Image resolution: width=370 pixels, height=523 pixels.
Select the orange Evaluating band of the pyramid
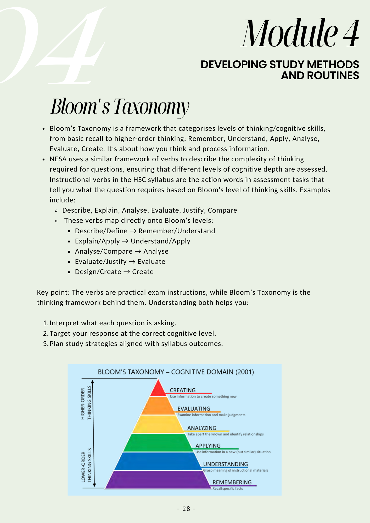coord(158,406)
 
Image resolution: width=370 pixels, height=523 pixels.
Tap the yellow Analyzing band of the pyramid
coord(158,424)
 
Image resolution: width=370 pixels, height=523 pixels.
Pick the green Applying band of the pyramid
coord(158,443)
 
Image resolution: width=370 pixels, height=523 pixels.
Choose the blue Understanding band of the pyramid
coord(158,461)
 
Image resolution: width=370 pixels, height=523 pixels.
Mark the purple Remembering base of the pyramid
coord(158,480)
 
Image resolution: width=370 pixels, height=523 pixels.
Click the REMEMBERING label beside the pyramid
coord(232,482)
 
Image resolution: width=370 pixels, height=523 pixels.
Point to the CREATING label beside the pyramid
coord(183,390)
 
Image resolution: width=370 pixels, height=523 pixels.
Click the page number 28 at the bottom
coord(186,509)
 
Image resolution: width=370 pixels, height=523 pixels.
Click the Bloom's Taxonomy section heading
coord(120,107)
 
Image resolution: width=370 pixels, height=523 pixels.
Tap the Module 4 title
coord(300,33)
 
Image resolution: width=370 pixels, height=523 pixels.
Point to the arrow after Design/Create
coord(127,272)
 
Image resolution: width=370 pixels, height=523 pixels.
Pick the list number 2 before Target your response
coord(45,333)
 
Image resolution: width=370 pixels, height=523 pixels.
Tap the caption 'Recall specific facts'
coord(227,488)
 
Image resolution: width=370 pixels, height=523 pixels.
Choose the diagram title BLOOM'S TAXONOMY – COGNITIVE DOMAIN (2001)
coord(176,372)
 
